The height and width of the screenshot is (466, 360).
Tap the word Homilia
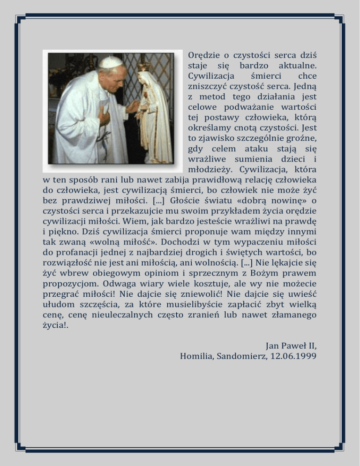197,356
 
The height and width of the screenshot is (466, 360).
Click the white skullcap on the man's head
111,62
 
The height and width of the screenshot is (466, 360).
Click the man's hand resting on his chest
103,116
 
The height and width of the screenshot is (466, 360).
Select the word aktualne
297,65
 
